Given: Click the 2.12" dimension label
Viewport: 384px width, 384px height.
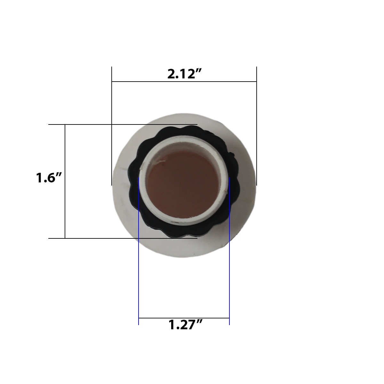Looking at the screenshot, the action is click(185, 74).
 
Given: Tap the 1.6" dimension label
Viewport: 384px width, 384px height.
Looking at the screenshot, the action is click(48, 178).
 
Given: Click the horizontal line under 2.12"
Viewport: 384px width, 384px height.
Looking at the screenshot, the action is click(184, 82).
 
